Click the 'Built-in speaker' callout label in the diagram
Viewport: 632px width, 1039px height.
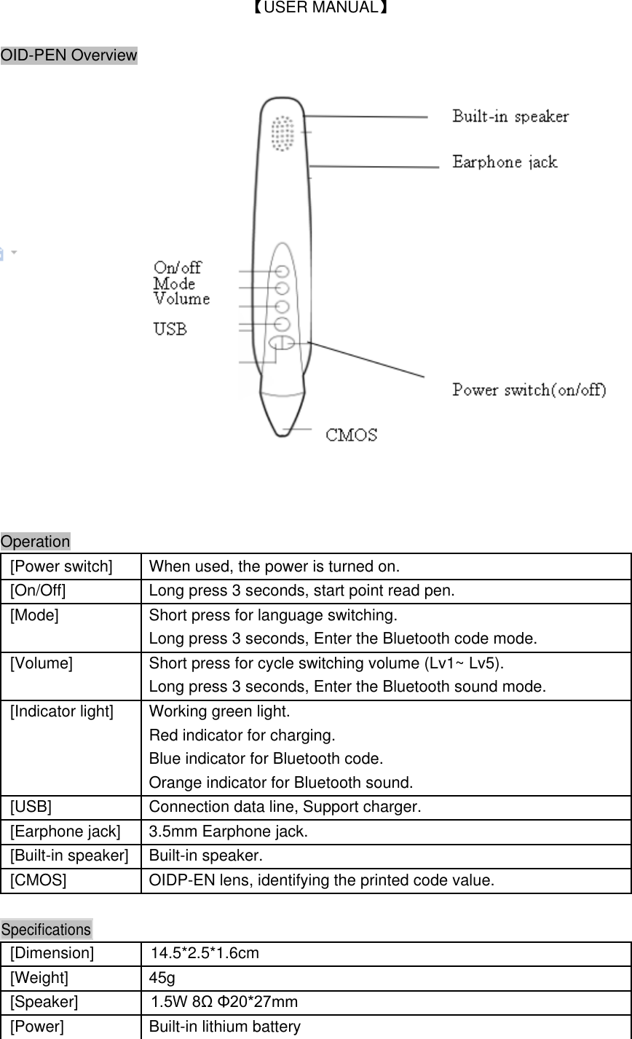pyautogui.click(x=510, y=116)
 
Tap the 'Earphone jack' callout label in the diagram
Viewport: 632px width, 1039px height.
pyautogui.click(x=505, y=162)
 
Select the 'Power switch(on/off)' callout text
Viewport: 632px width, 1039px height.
pyautogui.click(x=529, y=390)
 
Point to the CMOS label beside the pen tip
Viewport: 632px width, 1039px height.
pyautogui.click(x=351, y=435)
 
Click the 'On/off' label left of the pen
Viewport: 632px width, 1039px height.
pyautogui.click(x=178, y=268)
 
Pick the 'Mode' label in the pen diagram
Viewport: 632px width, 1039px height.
pyautogui.click(x=174, y=283)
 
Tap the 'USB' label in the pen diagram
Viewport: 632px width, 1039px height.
pyautogui.click(x=170, y=329)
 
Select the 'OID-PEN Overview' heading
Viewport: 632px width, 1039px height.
pyautogui.click(x=69, y=55)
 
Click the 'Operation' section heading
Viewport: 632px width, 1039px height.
pyautogui.click(x=36, y=542)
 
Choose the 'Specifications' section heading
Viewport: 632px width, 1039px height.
pyautogui.click(x=47, y=930)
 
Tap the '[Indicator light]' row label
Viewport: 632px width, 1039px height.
pyautogui.click(x=62, y=711)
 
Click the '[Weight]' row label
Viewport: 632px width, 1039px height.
pyautogui.click(x=39, y=978)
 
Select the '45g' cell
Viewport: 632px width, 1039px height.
pyautogui.click(x=162, y=978)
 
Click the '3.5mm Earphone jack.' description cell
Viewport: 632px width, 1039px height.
pyautogui.click(x=229, y=831)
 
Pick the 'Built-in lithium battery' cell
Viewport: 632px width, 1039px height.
pyautogui.click(x=225, y=1027)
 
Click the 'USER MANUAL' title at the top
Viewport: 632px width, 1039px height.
pyautogui.click(x=315, y=9)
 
